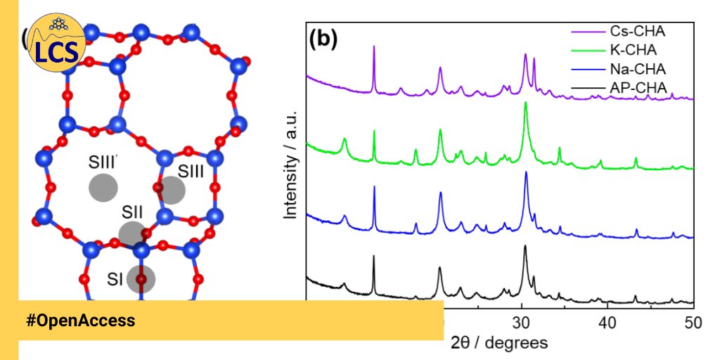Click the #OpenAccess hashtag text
[80, 321]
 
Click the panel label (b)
[324, 39]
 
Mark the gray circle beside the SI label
[141, 279]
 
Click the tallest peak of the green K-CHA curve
[525, 103]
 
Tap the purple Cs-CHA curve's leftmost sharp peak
[373, 46]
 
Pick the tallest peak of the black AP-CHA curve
[525, 246]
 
